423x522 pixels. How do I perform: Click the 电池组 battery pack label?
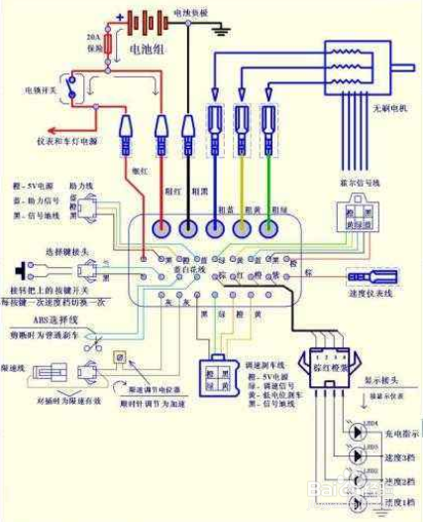click(x=149, y=47)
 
